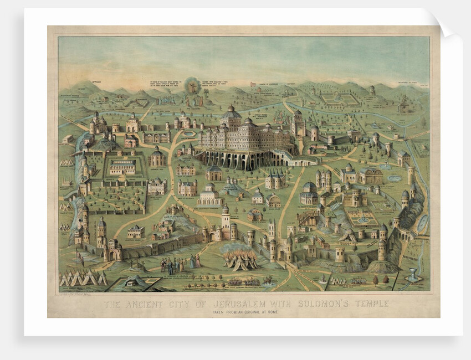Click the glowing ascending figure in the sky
(x=193, y=86)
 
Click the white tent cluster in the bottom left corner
(x=83, y=277)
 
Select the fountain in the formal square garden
(x=363, y=219)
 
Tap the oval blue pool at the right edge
(x=422, y=223)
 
